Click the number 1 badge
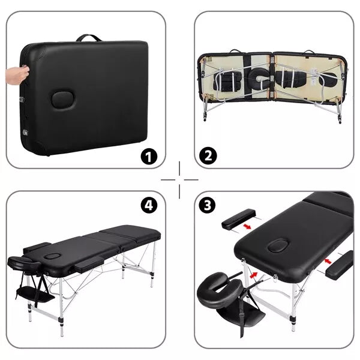pyautogui.click(x=148, y=157)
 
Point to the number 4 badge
pyautogui.click(x=149, y=205)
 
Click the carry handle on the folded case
pyautogui.click(x=88, y=38)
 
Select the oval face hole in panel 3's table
pyautogui.click(x=278, y=246)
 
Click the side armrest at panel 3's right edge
pyautogui.click(x=340, y=266)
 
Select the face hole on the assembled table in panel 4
pyautogui.click(x=53, y=256)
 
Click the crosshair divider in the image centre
pyautogui.click(x=179, y=179)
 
